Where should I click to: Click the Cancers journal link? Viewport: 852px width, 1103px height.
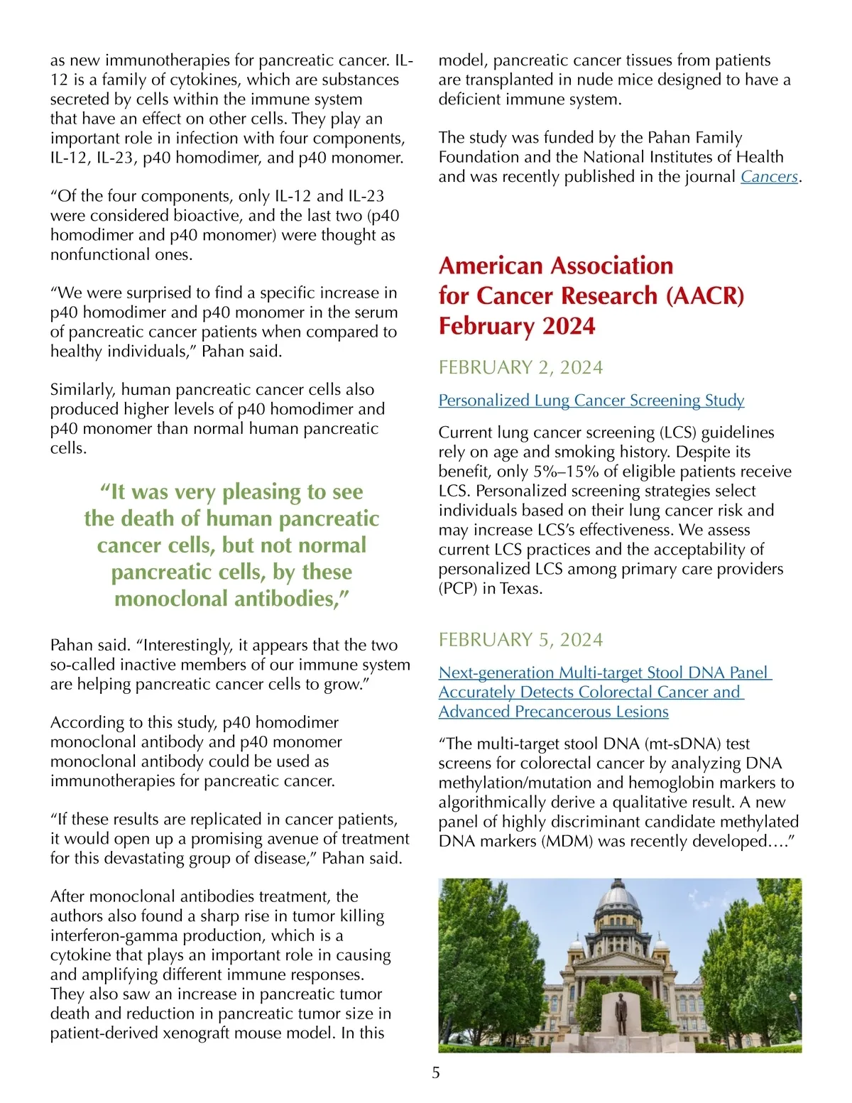769,176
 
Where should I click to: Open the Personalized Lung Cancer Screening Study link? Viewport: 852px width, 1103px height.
591,400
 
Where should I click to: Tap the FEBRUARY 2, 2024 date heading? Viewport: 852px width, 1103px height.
520,367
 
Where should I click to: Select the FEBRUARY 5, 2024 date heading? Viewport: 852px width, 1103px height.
520,640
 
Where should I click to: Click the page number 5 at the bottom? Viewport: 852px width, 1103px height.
436,1072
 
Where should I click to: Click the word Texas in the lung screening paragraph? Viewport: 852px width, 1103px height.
520,588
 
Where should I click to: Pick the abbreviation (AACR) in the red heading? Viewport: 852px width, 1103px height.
704,295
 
